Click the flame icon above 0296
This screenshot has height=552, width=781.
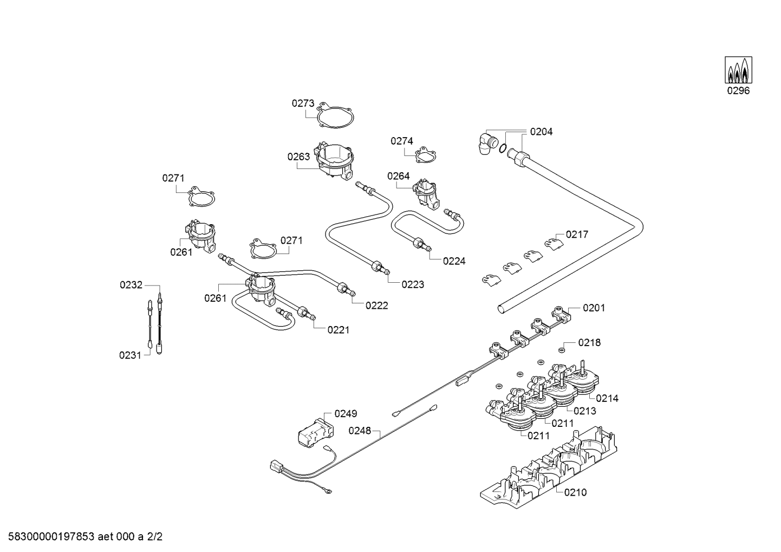tap(738, 70)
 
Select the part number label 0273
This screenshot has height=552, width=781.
tap(303, 103)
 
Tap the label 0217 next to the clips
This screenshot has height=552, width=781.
tap(577, 235)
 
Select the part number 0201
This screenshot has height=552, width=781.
tap(594, 308)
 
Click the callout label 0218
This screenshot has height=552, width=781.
tap(589, 342)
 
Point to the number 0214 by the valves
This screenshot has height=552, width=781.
tap(607, 398)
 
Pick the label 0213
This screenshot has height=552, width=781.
tap(584, 411)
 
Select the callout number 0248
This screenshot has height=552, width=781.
tap(360, 431)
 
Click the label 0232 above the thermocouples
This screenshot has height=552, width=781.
tap(131, 285)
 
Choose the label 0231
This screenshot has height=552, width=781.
tap(130, 355)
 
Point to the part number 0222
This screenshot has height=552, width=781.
tap(376, 306)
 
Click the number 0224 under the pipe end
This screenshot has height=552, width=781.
tap(454, 261)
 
